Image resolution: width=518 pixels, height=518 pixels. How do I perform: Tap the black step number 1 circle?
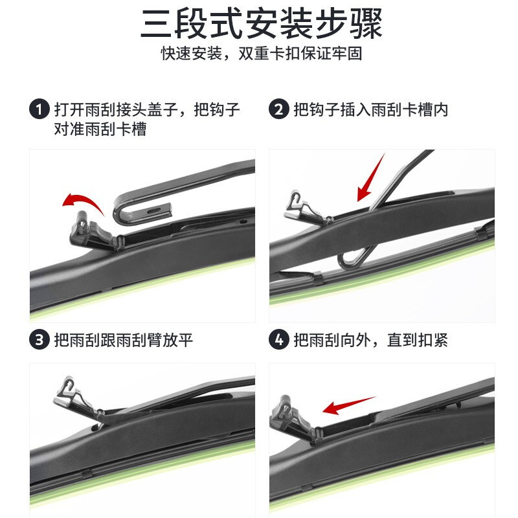[40, 109]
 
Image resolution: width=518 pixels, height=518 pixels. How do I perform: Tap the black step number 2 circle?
[278, 109]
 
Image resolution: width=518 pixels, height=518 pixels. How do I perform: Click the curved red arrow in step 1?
[82, 202]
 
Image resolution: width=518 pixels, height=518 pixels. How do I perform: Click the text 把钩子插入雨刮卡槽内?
[370, 109]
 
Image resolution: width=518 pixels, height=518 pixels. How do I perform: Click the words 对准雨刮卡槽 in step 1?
[100, 129]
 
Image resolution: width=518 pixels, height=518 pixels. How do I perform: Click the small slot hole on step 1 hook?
[154, 210]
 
